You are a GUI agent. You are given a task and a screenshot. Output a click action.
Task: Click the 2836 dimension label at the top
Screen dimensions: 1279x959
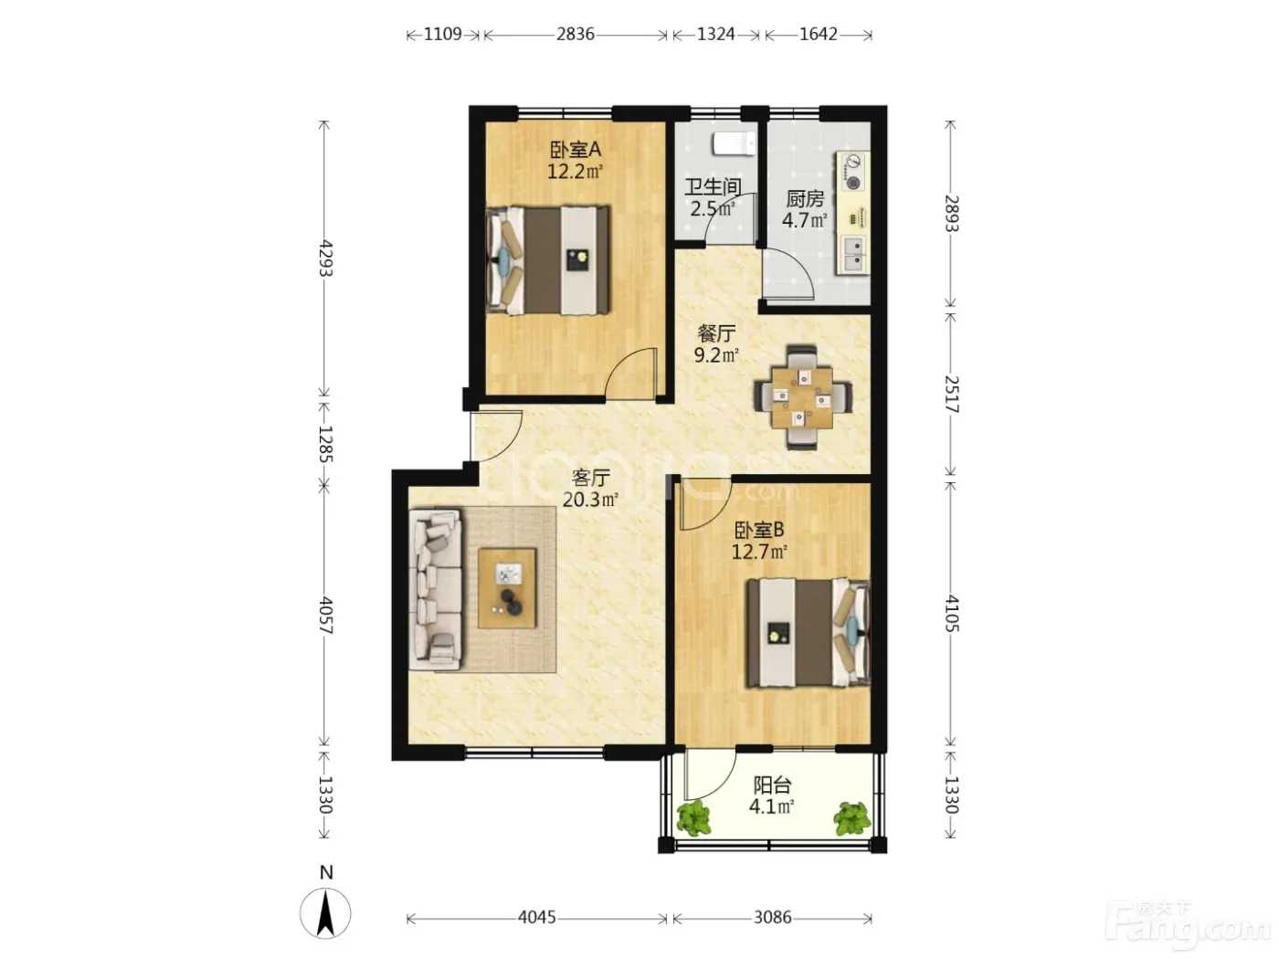click(575, 35)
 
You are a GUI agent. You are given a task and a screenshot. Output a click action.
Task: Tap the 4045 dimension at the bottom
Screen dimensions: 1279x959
click(536, 918)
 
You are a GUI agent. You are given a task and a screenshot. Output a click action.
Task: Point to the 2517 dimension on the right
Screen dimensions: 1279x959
click(950, 395)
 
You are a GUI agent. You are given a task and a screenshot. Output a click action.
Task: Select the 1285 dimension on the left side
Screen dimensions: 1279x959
click(324, 444)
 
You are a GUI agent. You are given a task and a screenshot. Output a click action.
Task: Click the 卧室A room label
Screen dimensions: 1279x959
click(576, 150)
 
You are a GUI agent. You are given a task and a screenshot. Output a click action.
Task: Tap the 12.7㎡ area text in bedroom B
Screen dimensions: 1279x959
click(759, 551)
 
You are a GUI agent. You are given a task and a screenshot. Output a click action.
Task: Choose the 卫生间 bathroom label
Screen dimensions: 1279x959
click(712, 187)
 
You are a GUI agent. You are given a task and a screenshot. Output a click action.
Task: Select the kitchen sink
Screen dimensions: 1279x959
click(853, 255)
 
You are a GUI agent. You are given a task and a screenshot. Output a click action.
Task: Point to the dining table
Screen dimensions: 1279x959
click(802, 396)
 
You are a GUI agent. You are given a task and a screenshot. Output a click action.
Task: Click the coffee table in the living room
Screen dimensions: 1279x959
click(507, 587)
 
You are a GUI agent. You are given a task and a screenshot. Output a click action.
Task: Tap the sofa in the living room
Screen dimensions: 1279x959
click(435, 590)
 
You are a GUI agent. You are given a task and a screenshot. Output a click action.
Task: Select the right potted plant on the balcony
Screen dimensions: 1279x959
click(851, 818)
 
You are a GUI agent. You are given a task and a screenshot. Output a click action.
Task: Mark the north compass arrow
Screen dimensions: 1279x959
click(325, 913)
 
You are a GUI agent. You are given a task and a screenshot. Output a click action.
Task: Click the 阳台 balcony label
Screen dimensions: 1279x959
click(772, 785)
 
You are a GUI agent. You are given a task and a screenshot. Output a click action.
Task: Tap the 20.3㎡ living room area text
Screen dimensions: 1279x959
click(590, 499)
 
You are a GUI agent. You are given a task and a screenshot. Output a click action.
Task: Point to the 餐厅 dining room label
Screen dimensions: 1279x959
click(716, 333)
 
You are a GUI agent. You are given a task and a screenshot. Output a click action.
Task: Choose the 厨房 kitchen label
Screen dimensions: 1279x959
click(805, 199)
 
